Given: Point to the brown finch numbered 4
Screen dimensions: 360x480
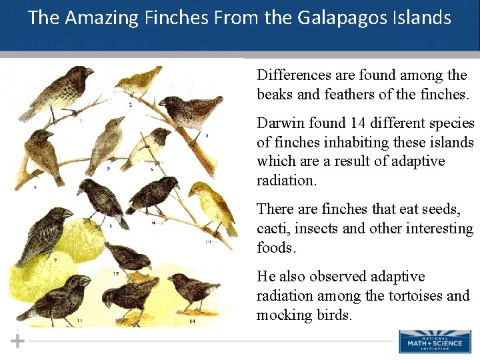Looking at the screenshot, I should point(42,153).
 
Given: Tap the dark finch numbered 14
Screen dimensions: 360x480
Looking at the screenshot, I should point(190,290).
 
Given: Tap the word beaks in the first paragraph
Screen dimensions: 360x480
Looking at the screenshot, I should point(275,95).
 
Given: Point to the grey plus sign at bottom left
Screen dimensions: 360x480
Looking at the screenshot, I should point(18,341).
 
